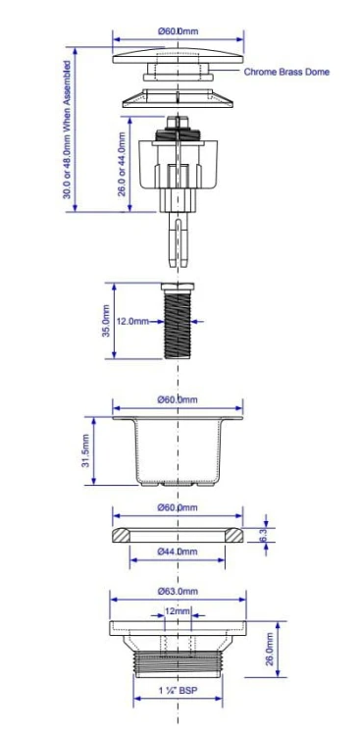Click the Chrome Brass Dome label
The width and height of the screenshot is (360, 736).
click(x=286, y=72)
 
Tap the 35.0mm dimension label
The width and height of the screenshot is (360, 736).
click(x=107, y=321)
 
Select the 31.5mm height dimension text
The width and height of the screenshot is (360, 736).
click(x=86, y=451)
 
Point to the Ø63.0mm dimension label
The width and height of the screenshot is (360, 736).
click(x=178, y=591)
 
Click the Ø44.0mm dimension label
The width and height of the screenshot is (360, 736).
click(x=178, y=552)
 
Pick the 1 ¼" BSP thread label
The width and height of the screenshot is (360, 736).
click(x=178, y=691)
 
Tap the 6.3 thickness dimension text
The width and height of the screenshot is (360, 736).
click(x=263, y=535)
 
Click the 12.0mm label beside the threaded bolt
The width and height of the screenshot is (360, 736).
click(x=132, y=322)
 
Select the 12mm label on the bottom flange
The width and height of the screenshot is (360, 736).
click(x=178, y=611)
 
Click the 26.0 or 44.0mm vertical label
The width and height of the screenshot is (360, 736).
click(x=122, y=164)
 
